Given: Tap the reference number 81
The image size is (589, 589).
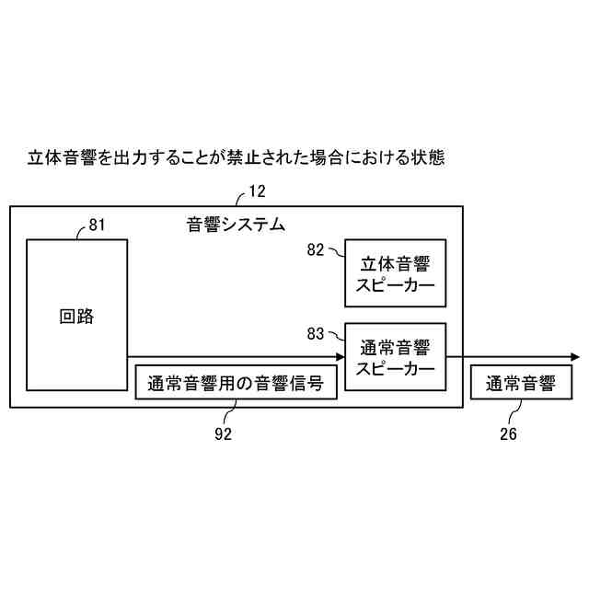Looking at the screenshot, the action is click(x=98, y=225).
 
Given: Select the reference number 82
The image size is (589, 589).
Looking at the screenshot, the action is click(x=316, y=249).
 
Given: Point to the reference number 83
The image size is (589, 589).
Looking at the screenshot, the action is click(x=316, y=332).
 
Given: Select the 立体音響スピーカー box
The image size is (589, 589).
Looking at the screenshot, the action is click(x=395, y=273).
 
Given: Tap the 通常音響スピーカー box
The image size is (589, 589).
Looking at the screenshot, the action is click(x=395, y=357).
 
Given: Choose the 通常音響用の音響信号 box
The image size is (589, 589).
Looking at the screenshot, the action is click(x=236, y=382).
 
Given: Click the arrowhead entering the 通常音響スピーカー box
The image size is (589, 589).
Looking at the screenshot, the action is click(x=338, y=357).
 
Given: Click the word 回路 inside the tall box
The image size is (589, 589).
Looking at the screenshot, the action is click(x=76, y=317).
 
